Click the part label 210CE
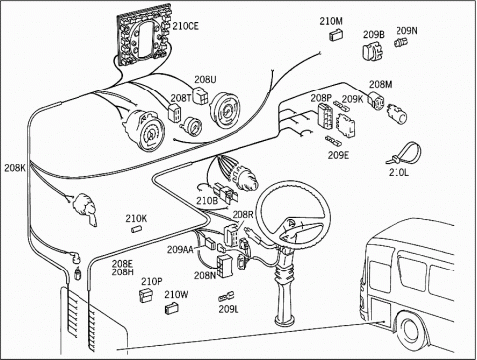pos(186,26)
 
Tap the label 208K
pos(15,168)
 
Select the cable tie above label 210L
pos(404,154)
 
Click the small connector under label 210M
pos(336,35)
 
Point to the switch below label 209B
pos(373,51)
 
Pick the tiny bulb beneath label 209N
pos(401,43)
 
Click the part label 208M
pos(381,85)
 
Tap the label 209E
pos(338,155)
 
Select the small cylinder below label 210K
pos(136,229)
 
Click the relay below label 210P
pos(146,295)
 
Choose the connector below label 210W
pos(171,308)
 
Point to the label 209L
pos(229,309)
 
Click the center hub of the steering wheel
pos(291,224)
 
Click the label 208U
pos(205,79)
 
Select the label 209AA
pos(180,249)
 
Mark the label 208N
pos(205,275)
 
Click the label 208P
pos(321,98)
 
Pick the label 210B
pos(207,201)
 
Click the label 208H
pos(122,271)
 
